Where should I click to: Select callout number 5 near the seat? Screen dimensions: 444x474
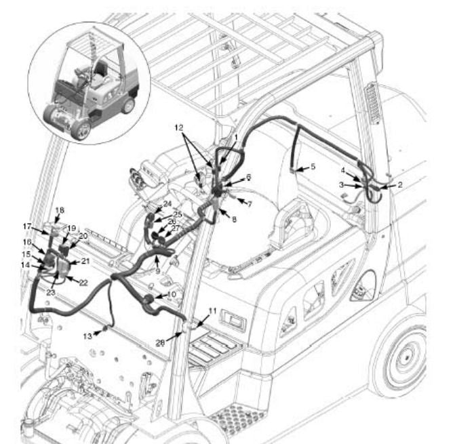[313, 166]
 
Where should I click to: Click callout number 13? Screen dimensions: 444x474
[87, 336]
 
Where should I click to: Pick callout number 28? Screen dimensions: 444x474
[160, 343]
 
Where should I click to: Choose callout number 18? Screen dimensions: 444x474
[59, 210]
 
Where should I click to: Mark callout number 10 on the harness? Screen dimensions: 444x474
[171, 295]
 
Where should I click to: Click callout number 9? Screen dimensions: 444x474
[157, 270]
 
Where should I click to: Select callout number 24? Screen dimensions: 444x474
[167, 204]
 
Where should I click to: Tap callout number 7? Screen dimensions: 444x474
[249, 203]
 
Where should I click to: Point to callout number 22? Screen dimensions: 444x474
[83, 282]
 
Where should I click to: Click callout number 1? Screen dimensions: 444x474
[235, 137]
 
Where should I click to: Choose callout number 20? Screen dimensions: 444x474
[84, 236]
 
